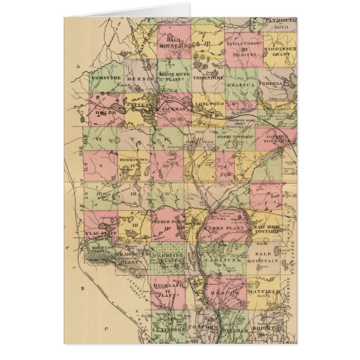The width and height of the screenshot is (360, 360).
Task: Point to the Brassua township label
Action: [241, 85]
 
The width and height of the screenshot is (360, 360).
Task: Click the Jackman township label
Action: [174, 110]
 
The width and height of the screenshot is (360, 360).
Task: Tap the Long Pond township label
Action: [209, 103]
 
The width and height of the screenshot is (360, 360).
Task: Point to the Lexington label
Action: [168, 331]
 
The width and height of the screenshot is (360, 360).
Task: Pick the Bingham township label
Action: [236, 331]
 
